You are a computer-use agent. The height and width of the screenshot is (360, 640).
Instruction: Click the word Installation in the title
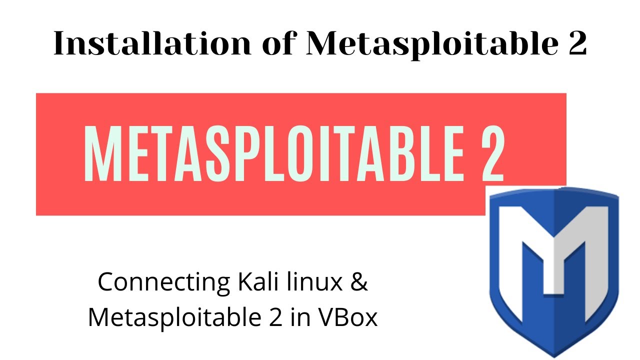152,43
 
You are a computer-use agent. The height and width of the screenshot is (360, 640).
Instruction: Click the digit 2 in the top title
577,43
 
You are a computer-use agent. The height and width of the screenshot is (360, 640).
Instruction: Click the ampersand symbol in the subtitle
359,282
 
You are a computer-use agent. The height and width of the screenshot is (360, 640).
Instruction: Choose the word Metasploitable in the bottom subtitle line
174,318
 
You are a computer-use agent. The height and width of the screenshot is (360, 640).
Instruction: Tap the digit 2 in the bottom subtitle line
275,317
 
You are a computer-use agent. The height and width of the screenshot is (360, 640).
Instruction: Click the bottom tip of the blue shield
554,357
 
